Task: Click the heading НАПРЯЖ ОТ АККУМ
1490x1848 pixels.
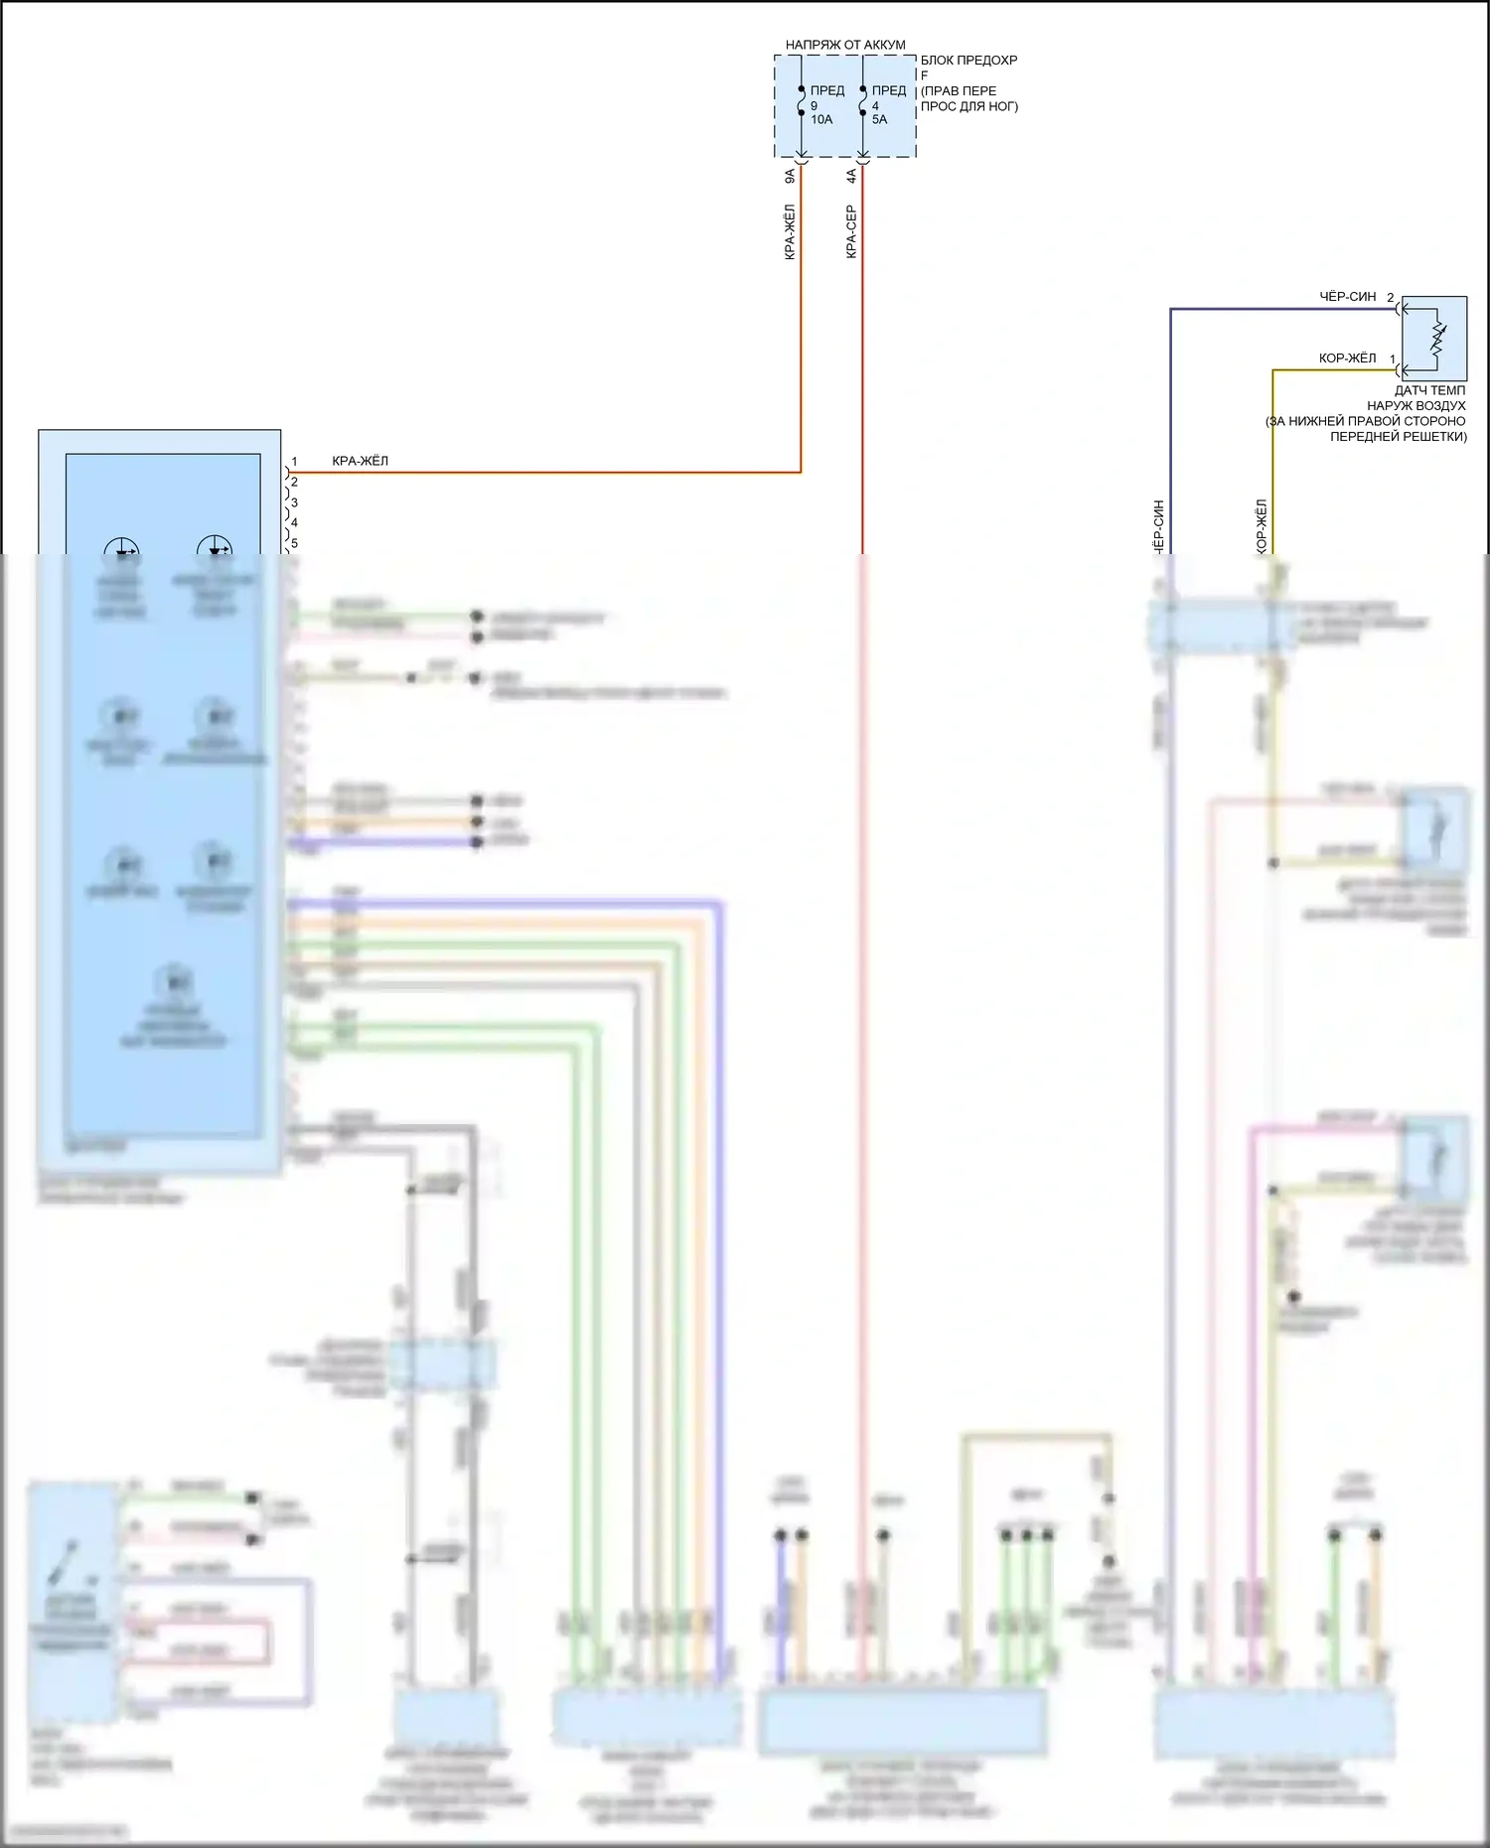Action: pyautogui.click(x=845, y=45)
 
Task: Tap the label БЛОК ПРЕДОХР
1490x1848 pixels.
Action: pyautogui.click(x=968, y=61)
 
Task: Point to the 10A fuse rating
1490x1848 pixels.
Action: pyautogui.click(x=821, y=120)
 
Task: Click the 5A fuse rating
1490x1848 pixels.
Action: pyautogui.click(x=879, y=120)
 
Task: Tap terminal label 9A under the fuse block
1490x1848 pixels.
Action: pyautogui.click(x=791, y=176)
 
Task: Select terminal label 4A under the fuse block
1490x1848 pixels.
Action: pyautogui.click(x=851, y=176)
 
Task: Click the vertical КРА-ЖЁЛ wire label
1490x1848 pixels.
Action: pyautogui.click(x=791, y=232)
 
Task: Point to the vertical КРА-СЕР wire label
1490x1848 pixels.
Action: pyautogui.click(x=851, y=232)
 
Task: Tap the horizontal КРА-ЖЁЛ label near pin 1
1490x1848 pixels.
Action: pyautogui.click(x=360, y=462)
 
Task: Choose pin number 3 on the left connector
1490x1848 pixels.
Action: pyautogui.click(x=294, y=502)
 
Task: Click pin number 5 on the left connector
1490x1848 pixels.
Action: pyautogui.click(x=294, y=543)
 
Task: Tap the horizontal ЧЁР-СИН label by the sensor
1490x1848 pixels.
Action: pyautogui.click(x=1347, y=297)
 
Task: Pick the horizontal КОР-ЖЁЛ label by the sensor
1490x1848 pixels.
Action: pyautogui.click(x=1347, y=358)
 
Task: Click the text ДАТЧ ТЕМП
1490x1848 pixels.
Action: pyautogui.click(x=1429, y=391)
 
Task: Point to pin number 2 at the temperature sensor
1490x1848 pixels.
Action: pyautogui.click(x=1391, y=298)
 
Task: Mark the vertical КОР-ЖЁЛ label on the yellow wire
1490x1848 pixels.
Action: pyautogui.click(x=1262, y=526)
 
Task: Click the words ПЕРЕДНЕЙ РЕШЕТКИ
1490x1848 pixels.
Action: pyautogui.click(x=1398, y=437)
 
